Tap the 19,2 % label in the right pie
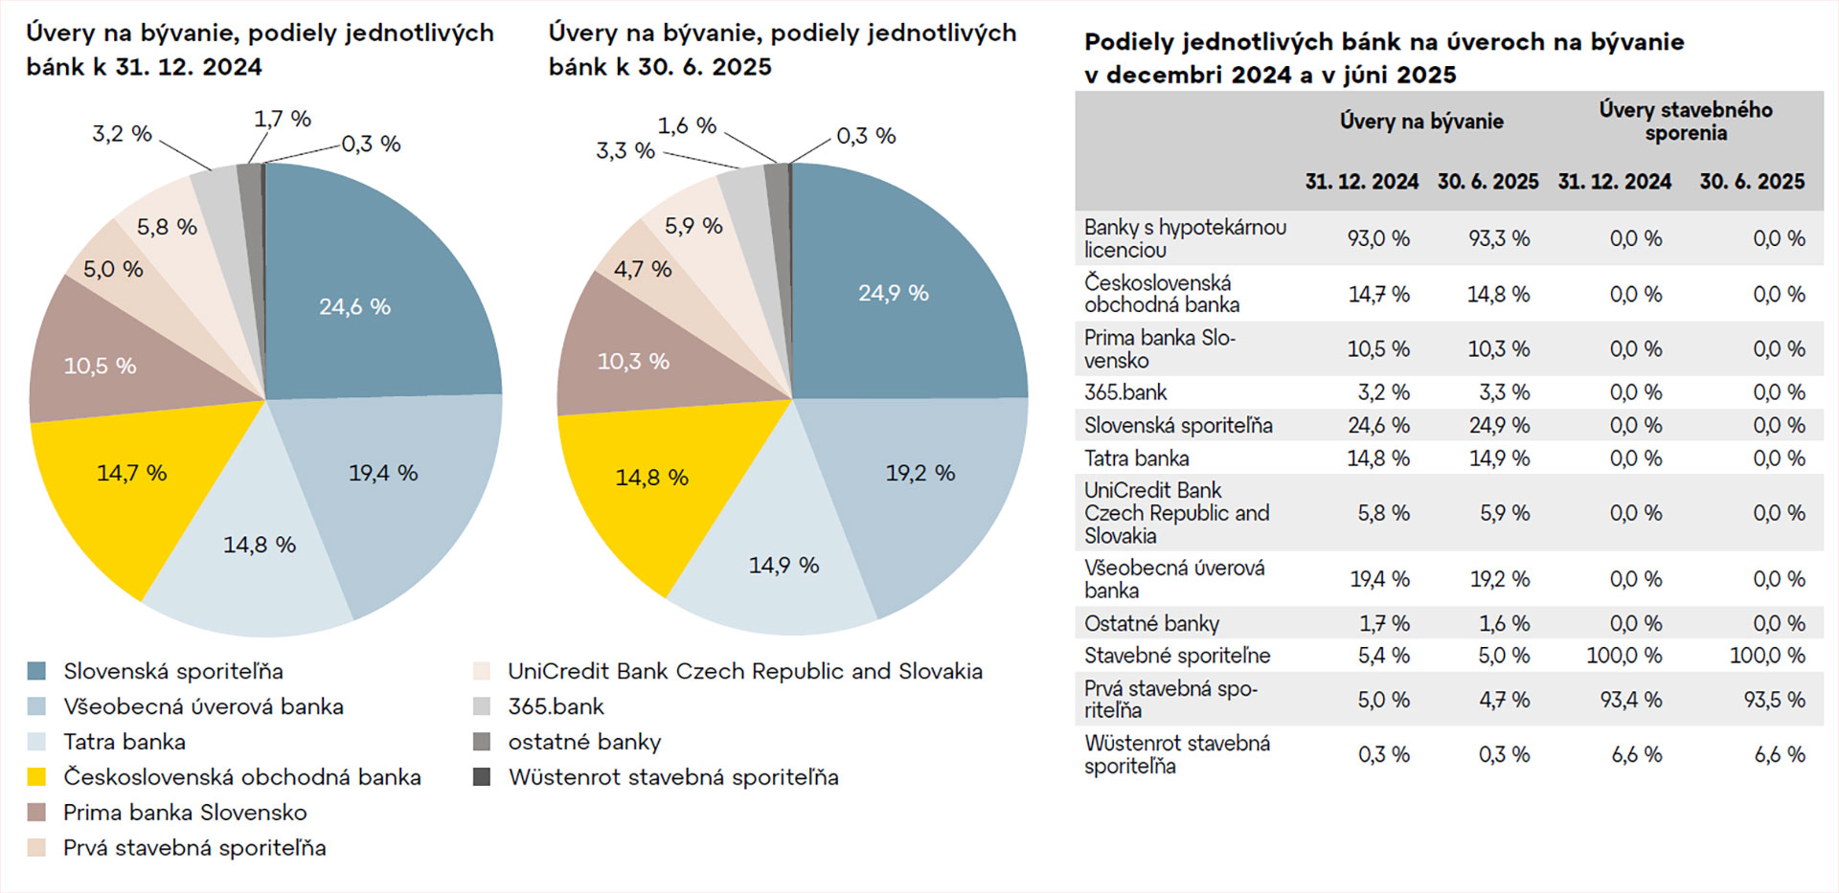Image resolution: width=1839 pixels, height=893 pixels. (x=919, y=473)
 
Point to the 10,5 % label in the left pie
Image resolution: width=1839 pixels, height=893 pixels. (x=100, y=366)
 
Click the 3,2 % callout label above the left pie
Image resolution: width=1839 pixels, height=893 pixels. (x=122, y=134)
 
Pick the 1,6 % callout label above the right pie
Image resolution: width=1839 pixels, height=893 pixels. (x=687, y=125)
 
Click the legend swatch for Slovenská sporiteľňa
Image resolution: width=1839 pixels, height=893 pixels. (x=36, y=671)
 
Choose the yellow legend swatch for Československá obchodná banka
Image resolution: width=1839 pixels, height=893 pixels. (x=36, y=777)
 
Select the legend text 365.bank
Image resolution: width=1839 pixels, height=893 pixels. (x=556, y=706)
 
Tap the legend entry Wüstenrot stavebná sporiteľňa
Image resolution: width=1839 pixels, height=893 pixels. (x=672, y=777)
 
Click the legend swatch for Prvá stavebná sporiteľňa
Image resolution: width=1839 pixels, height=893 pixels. (x=36, y=848)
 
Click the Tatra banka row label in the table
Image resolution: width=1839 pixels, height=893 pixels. (x=1136, y=458)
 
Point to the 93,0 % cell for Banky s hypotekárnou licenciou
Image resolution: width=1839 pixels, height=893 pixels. (x=1378, y=238)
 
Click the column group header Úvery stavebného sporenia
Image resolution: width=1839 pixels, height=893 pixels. (x=1686, y=122)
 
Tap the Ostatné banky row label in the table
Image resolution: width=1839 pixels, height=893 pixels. (x=1151, y=624)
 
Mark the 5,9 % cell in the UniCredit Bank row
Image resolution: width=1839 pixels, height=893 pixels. (x=1504, y=513)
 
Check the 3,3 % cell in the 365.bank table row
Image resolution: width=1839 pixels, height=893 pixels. (x=1504, y=392)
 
